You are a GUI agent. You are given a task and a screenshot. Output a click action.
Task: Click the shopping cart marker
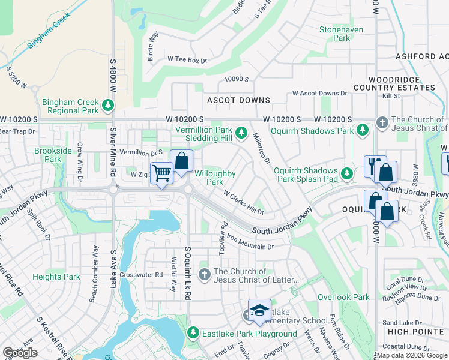click(161, 174)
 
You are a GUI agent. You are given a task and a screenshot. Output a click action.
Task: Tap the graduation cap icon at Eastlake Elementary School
click(259, 311)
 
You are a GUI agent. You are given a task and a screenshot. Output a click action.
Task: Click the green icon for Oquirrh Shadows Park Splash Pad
click(346, 175)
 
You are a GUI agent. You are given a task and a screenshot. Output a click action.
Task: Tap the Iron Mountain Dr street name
click(250, 246)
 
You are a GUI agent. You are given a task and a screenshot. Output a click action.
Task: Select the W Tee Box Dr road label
click(187, 60)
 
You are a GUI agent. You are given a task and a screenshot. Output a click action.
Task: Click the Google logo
click(20, 353)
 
